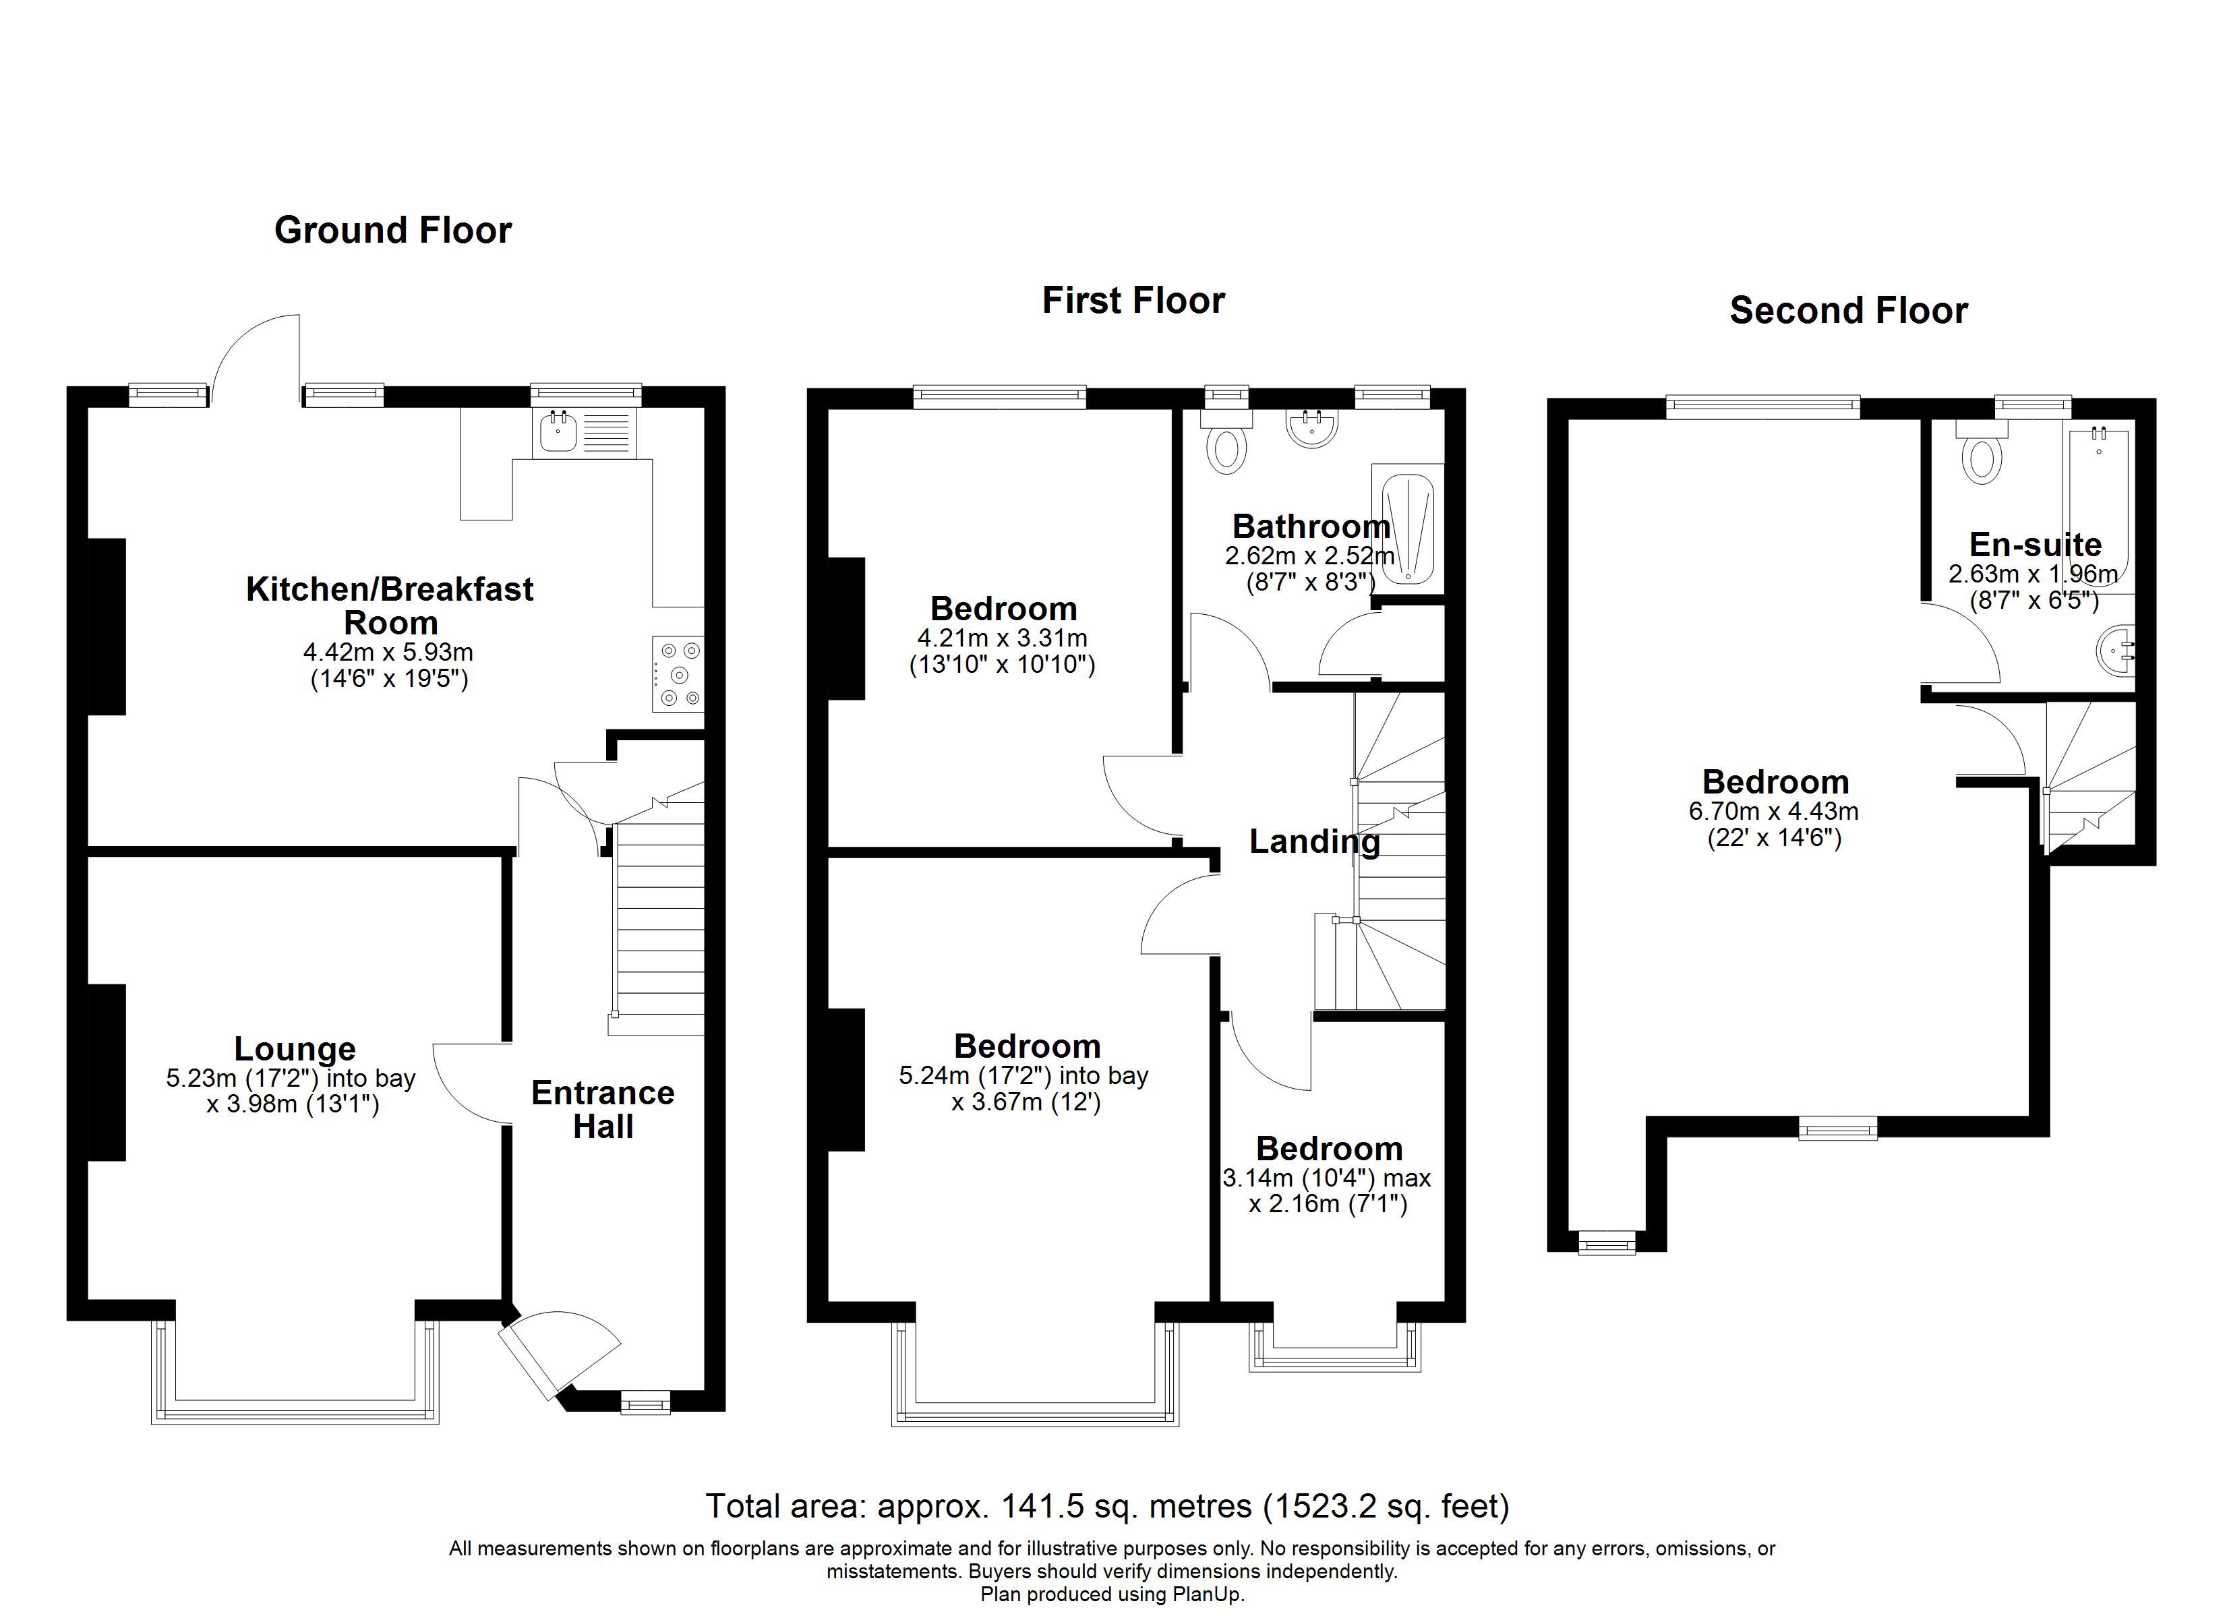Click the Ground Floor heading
click(392, 231)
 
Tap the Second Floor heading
click(1848, 311)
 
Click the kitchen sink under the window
click(556, 433)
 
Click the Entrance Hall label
click(602, 1109)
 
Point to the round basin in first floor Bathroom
click(1311, 429)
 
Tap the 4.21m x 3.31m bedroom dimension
click(1003, 638)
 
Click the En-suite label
click(2035, 545)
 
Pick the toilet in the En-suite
click(1982, 456)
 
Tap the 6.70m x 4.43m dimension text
click(1774, 812)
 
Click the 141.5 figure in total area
click(1042, 1505)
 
